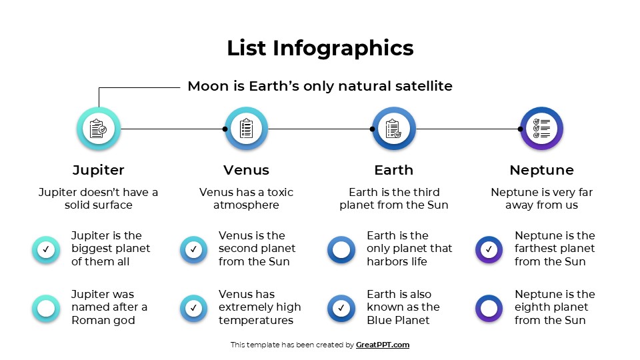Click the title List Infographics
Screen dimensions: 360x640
[x=320, y=48]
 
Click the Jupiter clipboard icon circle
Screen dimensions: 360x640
[x=99, y=129]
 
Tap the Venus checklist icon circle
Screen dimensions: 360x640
[x=246, y=129]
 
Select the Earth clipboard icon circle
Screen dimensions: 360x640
[x=394, y=129]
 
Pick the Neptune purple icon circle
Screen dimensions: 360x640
[x=541, y=129]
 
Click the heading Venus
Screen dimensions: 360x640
[x=246, y=170]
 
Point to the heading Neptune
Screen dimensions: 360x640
[x=541, y=170]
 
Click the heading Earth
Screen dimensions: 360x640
[x=393, y=170]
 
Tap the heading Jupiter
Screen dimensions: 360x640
[x=99, y=170]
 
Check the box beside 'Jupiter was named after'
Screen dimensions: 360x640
[x=46, y=309]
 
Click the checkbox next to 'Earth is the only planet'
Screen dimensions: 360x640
[x=341, y=250]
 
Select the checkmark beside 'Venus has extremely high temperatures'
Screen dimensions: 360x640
[x=193, y=309]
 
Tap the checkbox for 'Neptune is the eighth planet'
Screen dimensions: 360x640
[x=489, y=309]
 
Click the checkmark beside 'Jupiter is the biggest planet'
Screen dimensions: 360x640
[x=46, y=250]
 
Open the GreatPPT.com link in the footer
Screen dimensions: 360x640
[x=382, y=345]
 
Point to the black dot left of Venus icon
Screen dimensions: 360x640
[x=225, y=129]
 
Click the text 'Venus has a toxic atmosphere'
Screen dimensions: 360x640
[x=246, y=199]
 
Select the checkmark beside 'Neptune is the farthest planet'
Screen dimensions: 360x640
[x=489, y=250]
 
